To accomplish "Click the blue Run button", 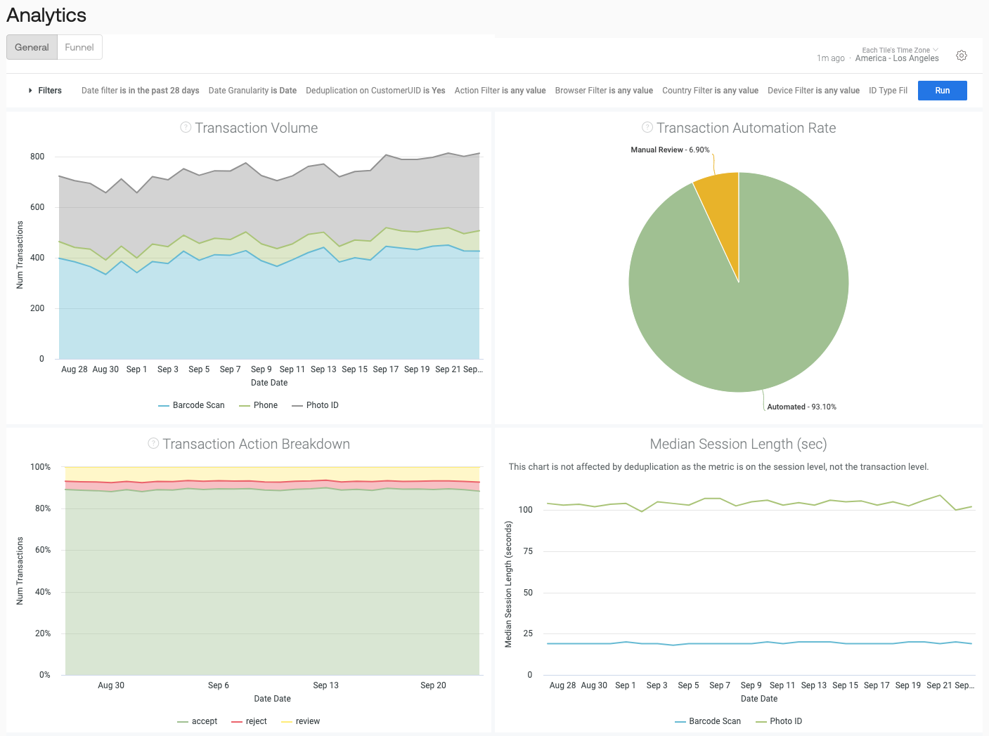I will point(942,91).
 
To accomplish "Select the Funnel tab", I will point(79,47).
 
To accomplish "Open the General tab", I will point(32,47).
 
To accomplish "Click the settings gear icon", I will point(962,55).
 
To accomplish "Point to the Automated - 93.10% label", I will point(801,407).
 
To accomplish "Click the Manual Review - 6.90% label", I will point(670,150).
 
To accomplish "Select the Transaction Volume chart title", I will point(256,128).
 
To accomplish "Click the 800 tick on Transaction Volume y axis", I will point(37,157).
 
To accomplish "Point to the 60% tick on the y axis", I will point(43,550).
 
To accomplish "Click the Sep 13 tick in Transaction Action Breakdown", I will point(325,685).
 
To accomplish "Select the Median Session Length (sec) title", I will point(738,444).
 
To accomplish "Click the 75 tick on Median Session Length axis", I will point(528,551).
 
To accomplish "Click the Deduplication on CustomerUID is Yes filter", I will point(375,91).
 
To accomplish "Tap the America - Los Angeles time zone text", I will point(897,58).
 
